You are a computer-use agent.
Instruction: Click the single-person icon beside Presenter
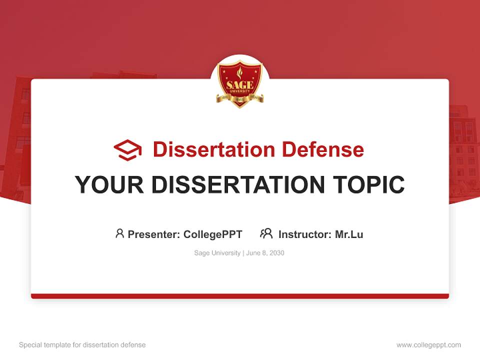[119, 233]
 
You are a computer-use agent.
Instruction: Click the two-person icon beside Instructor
[266, 233]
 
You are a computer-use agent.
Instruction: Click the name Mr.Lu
[349, 234]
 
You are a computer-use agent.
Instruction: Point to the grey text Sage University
[217, 253]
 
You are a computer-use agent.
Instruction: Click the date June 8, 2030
[265, 253]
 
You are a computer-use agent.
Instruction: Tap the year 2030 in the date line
[276, 253]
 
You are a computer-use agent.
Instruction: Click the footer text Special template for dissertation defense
[82, 345]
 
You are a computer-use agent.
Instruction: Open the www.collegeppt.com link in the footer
[428, 345]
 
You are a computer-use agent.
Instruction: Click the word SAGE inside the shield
[240, 84]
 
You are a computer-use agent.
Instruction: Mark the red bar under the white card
[240, 296]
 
